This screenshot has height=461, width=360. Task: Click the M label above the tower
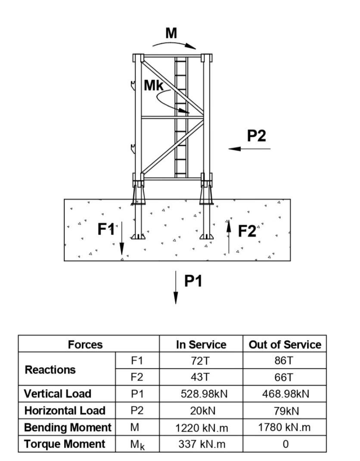tap(171, 33)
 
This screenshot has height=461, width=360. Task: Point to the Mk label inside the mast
tap(154, 86)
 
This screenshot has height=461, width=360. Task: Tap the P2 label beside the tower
tap(257, 136)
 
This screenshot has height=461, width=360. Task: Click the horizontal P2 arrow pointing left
tap(249, 149)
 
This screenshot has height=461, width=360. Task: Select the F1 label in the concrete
tap(106, 229)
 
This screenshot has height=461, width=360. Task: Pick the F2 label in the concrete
tap(247, 231)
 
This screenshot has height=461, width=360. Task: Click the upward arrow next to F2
tap(229, 237)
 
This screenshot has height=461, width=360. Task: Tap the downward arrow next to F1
tap(121, 239)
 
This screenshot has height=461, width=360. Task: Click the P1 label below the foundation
tap(193, 281)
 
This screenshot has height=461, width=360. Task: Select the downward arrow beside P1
tap(176, 288)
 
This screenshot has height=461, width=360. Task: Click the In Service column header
tap(201, 345)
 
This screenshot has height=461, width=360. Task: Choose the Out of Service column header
tap(285, 345)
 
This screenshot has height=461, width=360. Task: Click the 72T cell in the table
tap(200, 360)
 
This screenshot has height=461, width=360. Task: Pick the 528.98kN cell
tap(204, 394)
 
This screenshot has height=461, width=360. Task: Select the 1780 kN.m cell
tap(284, 427)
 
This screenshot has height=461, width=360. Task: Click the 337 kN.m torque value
tap(202, 444)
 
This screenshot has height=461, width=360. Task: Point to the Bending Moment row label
tap(68, 427)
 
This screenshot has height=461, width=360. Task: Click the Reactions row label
tap(50, 370)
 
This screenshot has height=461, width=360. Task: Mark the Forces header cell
tap(85, 345)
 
